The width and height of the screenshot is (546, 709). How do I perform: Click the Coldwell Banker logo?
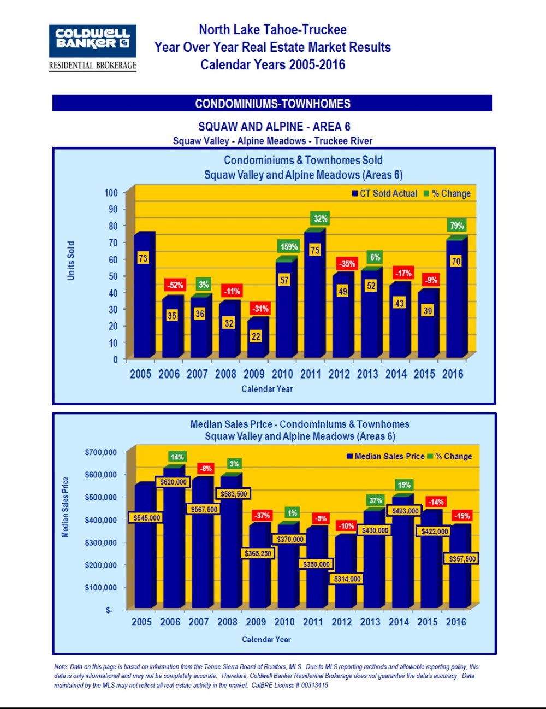92,47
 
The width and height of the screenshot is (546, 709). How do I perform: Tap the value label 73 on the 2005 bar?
143,258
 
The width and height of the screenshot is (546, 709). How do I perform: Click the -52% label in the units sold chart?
175,285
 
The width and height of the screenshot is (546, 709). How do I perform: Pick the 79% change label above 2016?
456,226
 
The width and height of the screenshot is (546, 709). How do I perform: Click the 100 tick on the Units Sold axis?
111,193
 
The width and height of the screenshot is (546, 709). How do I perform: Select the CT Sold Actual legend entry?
384,193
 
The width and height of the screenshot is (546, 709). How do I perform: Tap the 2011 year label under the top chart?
311,374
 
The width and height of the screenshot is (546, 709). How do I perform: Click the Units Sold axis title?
71,261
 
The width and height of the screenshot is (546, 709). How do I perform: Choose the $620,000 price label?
174,482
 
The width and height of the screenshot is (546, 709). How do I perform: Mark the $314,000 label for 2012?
347,578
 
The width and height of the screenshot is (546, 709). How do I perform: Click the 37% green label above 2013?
376,500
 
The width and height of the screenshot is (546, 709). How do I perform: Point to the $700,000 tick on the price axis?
101,452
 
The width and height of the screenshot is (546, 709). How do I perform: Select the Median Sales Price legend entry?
385,456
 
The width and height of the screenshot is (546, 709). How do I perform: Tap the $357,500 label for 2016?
462,558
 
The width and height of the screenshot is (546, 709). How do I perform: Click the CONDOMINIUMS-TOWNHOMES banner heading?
272,103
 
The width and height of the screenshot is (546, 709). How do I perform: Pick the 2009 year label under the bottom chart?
256,622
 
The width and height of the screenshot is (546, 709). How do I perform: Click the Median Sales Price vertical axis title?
66,507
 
